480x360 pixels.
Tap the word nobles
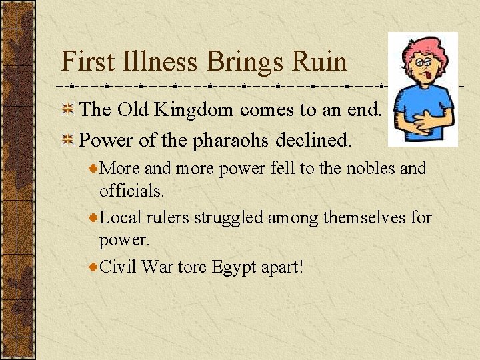coord(370,168)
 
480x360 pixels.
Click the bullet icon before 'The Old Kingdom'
coord(68,110)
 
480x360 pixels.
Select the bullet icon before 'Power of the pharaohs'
coord(68,141)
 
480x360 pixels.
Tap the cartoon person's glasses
coord(422,63)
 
